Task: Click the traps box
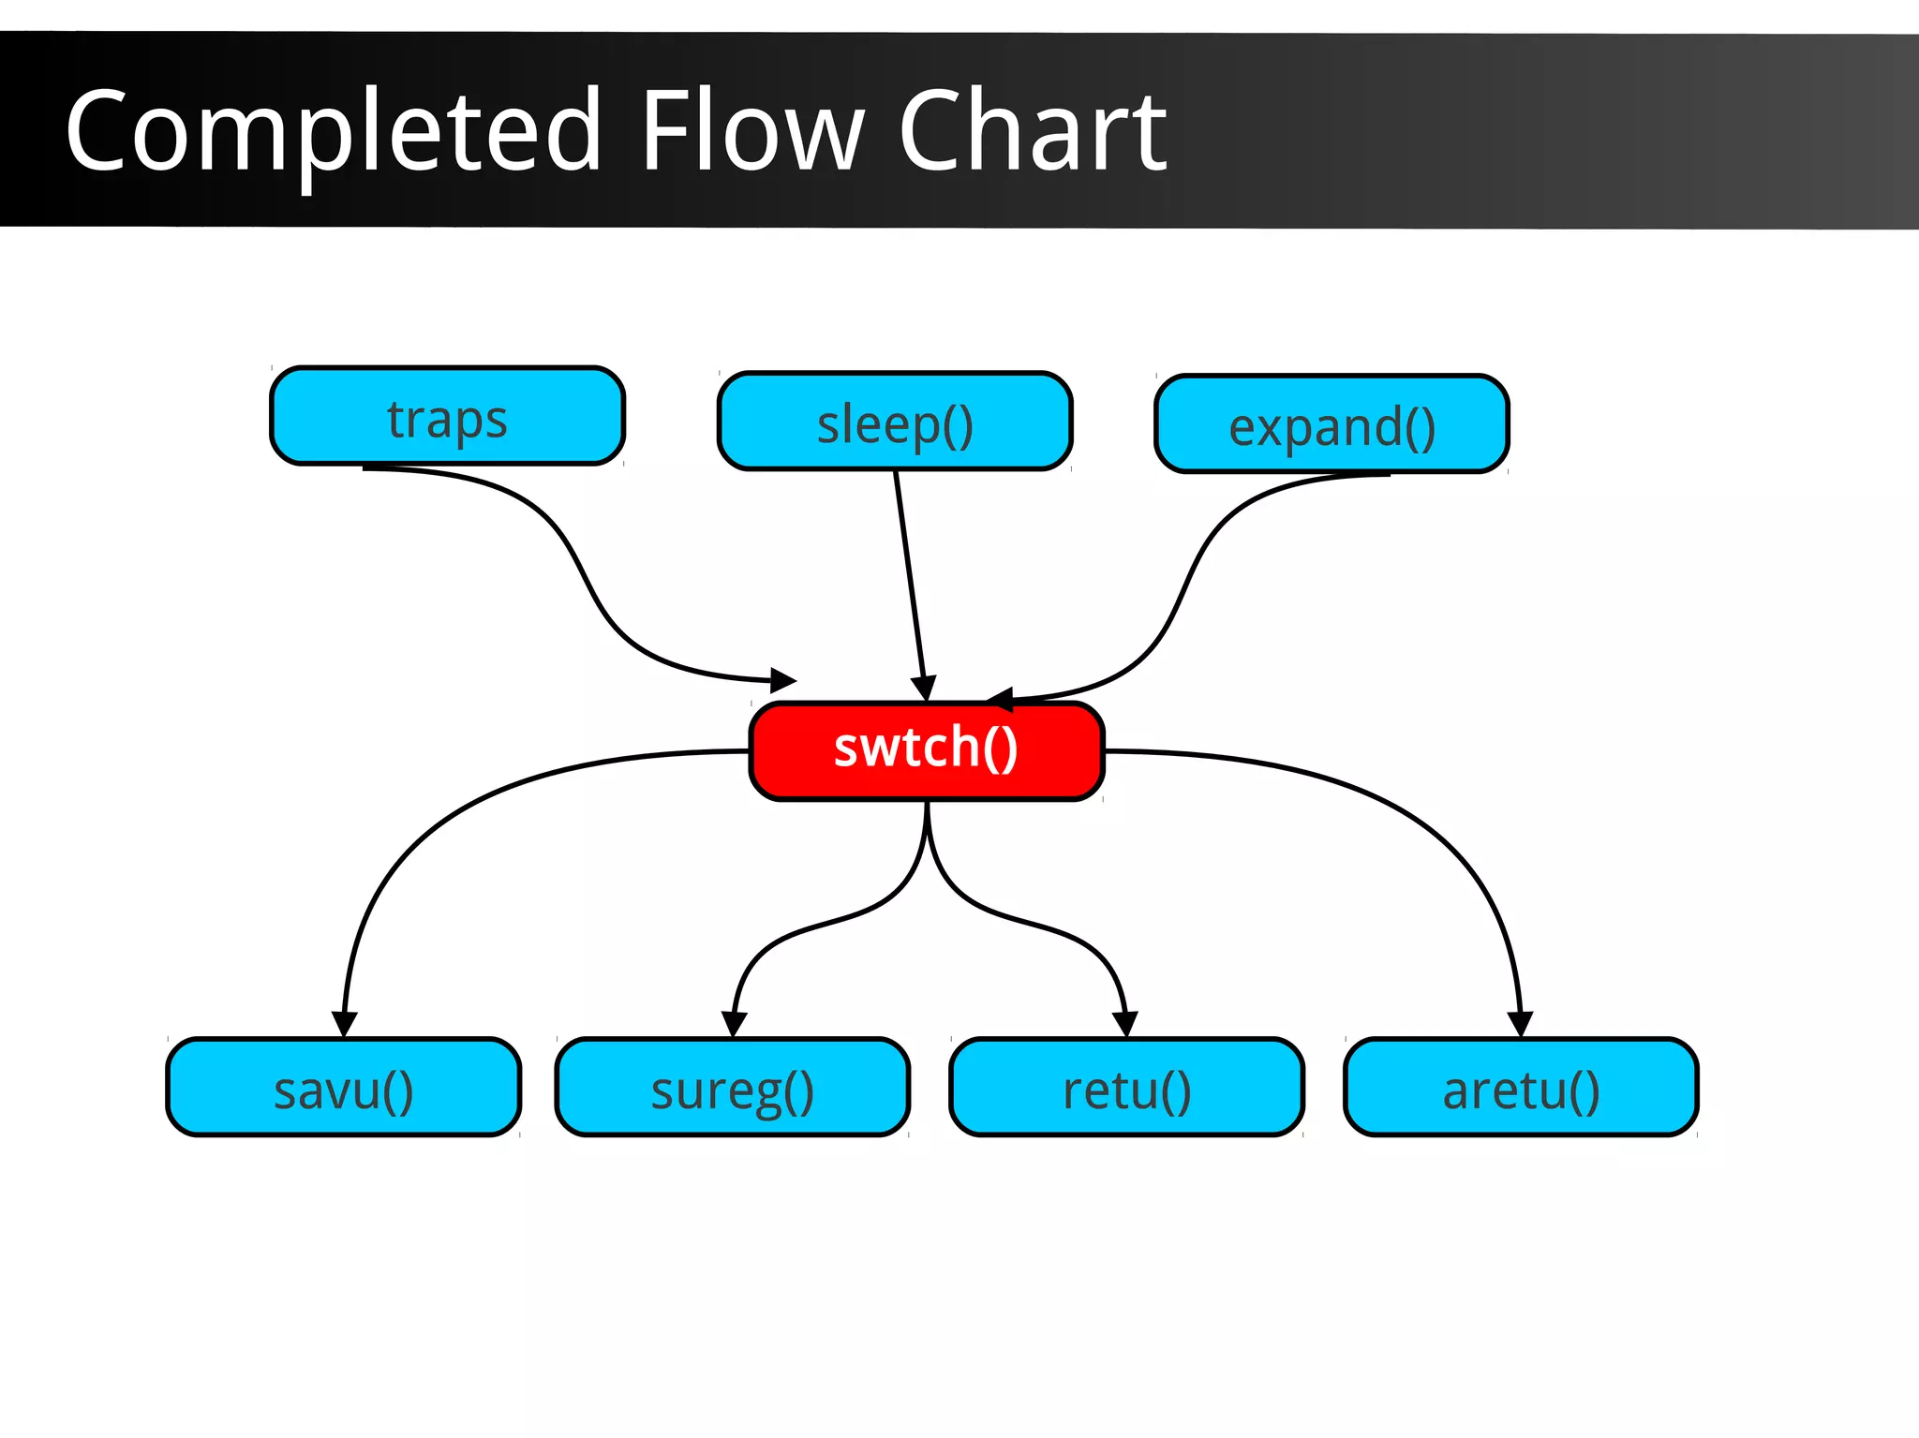coord(447,416)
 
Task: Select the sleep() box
coord(895,422)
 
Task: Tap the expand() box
coord(1331,424)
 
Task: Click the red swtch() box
coord(927,750)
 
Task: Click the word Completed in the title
coord(333,131)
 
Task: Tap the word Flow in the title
coord(750,131)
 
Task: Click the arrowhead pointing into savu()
coord(345,1024)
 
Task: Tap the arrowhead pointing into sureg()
coord(734,1024)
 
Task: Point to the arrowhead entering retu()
coord(1125,1024)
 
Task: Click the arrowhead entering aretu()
coord(1520,1024)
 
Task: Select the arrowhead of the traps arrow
coord(783,680)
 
